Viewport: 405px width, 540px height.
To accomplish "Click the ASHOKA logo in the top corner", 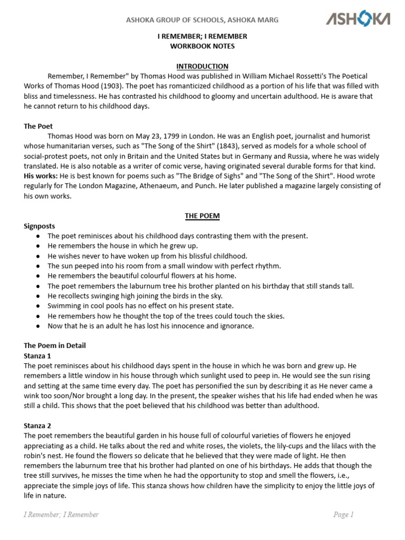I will tap(358, 20).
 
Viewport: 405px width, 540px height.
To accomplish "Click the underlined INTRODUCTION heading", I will tap(202, 66).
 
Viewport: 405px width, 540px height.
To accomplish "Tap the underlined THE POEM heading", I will tap(202, 216).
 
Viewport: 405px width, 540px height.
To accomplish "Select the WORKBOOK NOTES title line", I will tap(202, 46).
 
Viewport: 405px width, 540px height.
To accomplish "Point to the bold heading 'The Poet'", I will tap(38, 126).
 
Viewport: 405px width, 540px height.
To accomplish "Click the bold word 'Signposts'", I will tap(40, 226).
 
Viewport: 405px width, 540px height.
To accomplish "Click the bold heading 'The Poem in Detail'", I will tap(55, 345).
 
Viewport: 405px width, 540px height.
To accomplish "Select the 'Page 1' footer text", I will tap(343, 514).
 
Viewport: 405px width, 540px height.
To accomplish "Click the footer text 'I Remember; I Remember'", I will tap(61, 514).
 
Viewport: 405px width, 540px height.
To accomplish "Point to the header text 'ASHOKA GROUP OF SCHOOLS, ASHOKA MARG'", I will tap(201, 20).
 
